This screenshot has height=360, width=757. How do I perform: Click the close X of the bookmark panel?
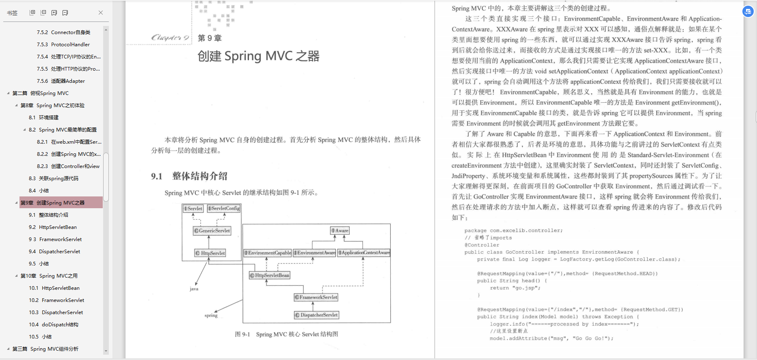point(101,13)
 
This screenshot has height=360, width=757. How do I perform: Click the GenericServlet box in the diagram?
point(212,231)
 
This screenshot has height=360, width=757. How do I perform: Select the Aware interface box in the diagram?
point(340,231)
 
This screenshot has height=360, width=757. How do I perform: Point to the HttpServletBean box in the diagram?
point(270,275)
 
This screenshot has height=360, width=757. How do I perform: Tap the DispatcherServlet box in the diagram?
point(316,315)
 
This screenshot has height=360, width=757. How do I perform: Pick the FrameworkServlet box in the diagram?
point(316,297)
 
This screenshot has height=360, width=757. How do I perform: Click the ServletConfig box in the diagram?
point(224,208)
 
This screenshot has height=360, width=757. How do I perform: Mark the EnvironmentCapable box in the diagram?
point(268,253)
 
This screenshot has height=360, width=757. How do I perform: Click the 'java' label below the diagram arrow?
point(194,289)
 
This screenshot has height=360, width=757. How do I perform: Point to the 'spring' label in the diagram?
point(211,315)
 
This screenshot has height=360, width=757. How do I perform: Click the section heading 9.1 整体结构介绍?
point(189,176)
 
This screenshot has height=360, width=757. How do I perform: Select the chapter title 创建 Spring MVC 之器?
point(258,56)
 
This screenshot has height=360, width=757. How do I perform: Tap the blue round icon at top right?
point(748,12)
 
